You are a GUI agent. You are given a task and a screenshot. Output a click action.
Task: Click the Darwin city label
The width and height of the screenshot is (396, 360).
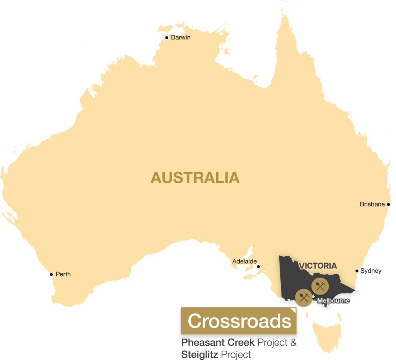181,38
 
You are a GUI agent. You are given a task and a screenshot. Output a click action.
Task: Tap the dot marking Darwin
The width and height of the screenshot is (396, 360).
167,38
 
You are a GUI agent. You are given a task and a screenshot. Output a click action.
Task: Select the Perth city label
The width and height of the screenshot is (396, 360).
63,274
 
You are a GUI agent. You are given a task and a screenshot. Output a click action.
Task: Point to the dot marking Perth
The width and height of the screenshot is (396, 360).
51,275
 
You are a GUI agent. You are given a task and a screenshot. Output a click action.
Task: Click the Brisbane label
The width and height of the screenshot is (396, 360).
372,204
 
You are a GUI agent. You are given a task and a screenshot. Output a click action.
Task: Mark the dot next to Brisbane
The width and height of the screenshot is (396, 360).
388,204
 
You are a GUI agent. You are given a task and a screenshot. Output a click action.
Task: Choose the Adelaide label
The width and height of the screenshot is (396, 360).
244,261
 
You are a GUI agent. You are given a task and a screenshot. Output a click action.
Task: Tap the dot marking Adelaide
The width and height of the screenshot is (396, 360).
258,266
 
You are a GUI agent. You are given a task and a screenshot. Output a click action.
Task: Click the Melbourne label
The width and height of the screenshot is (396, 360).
333,300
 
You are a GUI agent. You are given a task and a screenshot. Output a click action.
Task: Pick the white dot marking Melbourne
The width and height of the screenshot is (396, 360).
313,297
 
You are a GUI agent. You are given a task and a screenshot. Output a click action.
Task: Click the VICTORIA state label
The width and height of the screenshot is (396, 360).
317,266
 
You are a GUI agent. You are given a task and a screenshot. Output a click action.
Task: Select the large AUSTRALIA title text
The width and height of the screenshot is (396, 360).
195,177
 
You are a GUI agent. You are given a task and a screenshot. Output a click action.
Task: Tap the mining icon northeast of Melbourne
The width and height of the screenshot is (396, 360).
320,287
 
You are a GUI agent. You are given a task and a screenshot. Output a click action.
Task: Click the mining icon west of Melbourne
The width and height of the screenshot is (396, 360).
303,297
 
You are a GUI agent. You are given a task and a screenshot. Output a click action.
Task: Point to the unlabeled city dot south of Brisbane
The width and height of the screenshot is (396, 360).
357,271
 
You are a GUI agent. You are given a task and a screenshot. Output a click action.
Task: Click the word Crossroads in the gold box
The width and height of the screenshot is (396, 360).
239,321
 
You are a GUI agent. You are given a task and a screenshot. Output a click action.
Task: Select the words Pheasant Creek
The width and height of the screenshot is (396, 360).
218,343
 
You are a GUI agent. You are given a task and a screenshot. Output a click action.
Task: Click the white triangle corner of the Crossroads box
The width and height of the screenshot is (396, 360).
294,310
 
